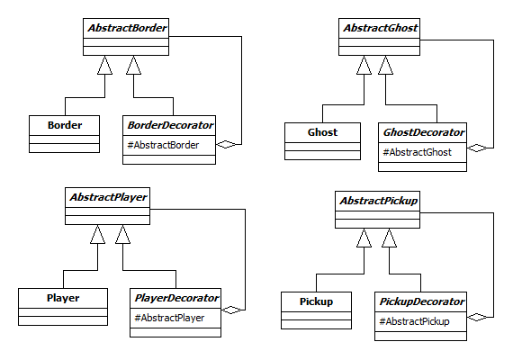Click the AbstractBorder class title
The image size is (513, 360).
click(127, 28)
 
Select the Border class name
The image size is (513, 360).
click(65, 125)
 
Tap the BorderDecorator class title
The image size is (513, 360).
click(170, 125)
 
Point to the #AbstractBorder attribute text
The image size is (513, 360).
click(163, 145)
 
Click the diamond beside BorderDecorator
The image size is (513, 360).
click(225, 144)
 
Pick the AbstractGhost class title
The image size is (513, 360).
click(380, 28)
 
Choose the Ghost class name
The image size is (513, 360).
click(322, 132)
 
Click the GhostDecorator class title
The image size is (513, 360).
click(423, 132)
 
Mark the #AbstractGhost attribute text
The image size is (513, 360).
click(417, 152)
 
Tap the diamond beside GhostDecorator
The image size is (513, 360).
click(477, 148)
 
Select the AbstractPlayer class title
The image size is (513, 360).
click(108, 197)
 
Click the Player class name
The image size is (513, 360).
click(63, 298)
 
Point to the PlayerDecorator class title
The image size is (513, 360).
click(176, 298)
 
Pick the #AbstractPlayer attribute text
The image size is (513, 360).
click(169, 318)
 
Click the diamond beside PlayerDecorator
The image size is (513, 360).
click(231, 310)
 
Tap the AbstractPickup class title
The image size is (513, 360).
click(379, 201)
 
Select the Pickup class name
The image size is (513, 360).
click(316, 301)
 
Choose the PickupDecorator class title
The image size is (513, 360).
click(422, 301)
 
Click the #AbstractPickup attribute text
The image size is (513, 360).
click(414, 321)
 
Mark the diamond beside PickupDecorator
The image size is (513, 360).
click(477, 317)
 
